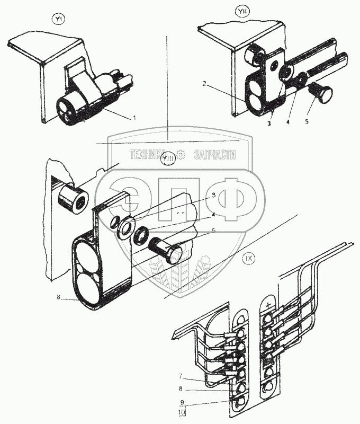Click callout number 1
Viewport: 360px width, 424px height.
point(134,118)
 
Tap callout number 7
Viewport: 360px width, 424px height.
point(181,376)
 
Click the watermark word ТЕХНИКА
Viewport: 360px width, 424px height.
point(148,155)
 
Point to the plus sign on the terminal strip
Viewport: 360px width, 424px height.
point(269,305)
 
